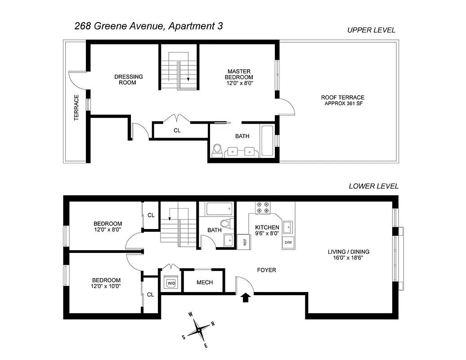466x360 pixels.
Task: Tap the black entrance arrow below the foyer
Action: [246, 297]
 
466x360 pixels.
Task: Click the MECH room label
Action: [205, 283]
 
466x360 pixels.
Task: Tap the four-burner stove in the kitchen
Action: [263, 207]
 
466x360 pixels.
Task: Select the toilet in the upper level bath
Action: [217, 150]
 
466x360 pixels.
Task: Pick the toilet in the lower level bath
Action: [226, 223]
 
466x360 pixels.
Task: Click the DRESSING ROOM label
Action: [128, 80]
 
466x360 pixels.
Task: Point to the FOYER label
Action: [266, 270]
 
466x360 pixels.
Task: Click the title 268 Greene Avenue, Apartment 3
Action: [148, 26]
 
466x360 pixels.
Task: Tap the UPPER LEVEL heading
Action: [371, 30]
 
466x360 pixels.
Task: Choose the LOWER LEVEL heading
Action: [373, 186]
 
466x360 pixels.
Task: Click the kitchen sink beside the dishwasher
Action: [288, 225]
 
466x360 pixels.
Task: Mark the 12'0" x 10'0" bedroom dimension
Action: [107, 286]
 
